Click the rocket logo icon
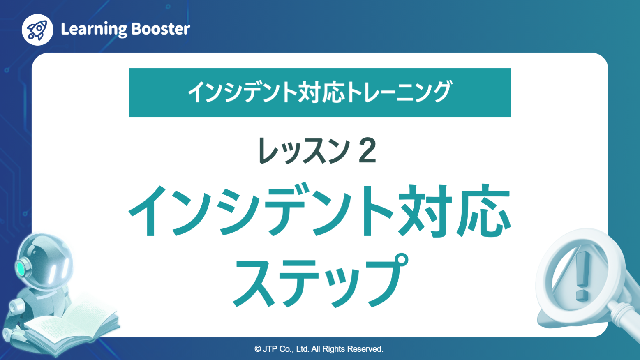click(37, 30)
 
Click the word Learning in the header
click(94, 29)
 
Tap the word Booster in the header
click(161, 29)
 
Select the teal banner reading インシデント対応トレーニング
click(320, 92)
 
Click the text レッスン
click(304, 151)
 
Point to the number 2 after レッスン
click(367, 151)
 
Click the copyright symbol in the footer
click(258, 349)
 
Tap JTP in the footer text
click(270, 349)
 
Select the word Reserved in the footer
click(365, 349)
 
